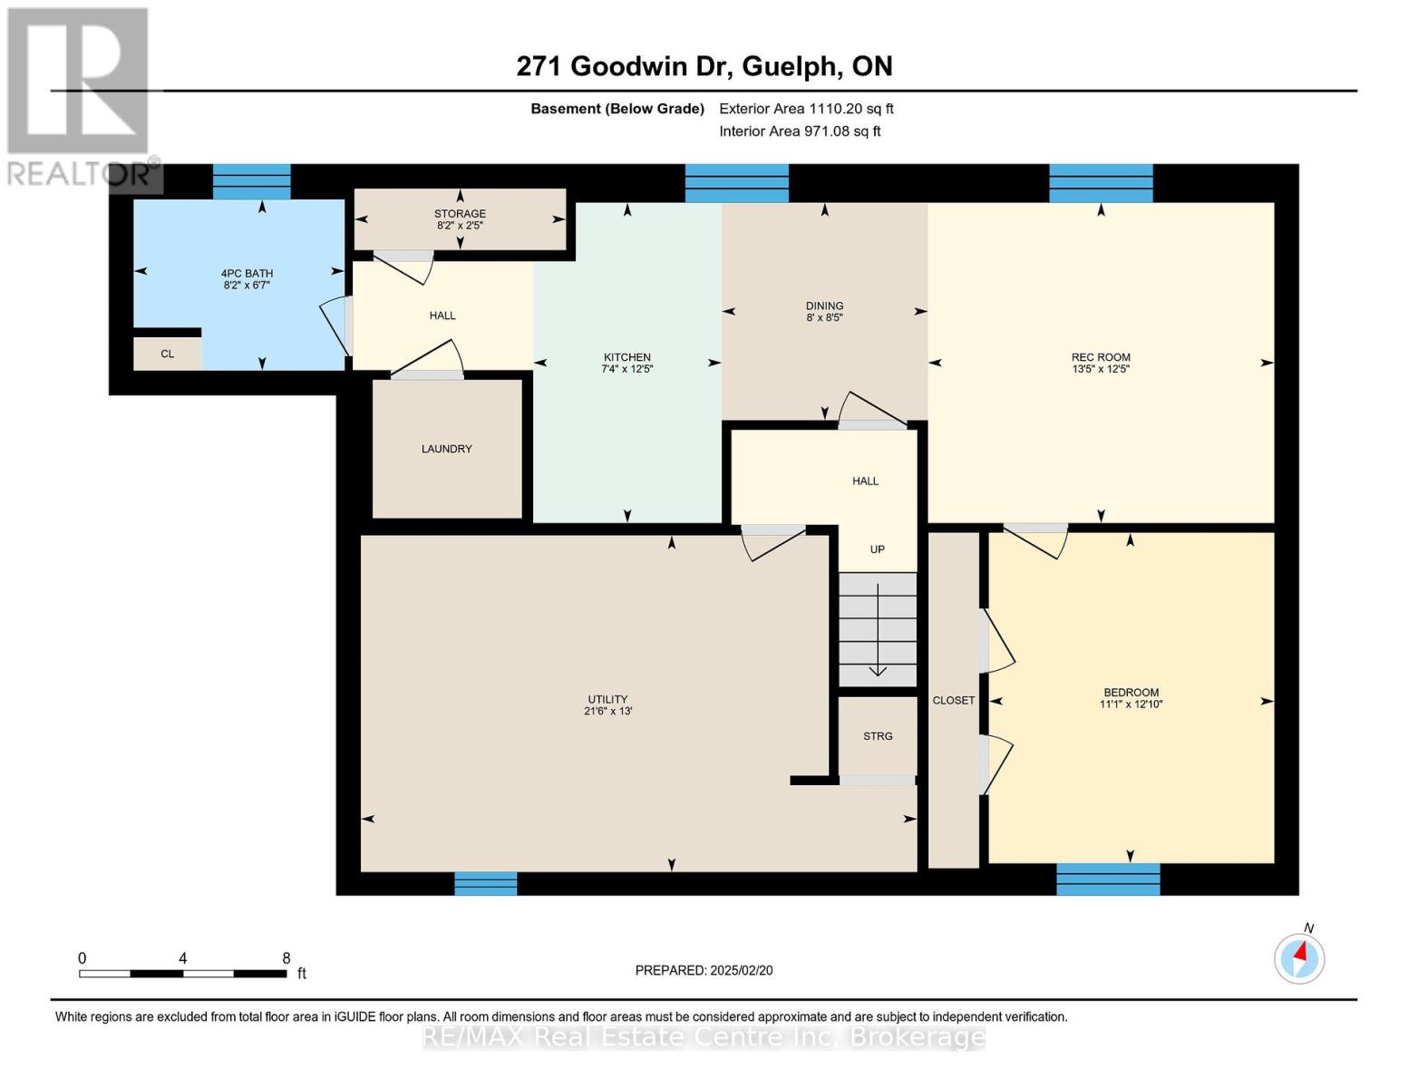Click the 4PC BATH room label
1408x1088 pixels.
[x=247, y=274]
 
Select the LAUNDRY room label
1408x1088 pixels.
[x=446, y=449]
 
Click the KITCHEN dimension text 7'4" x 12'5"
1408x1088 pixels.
[x=626, y=370]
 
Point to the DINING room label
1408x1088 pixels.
[x=824, y=306]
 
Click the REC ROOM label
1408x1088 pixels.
[x=1101, y=357]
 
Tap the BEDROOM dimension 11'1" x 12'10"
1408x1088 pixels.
[x=1131, y=704]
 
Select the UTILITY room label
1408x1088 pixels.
[x=607, y=699]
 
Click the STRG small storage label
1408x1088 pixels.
[x=878, y=736]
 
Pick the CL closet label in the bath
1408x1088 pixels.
[x=167, y=354]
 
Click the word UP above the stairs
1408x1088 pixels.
[x=877, y=549]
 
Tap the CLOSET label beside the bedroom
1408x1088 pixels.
[x=954, y=700]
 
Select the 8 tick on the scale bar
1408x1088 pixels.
[x=286, y=958]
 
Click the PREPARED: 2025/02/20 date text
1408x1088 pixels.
[x=704, y=970]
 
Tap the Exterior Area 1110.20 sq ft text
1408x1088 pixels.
[x=806, y=109]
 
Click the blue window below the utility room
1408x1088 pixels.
[x=485, y=882]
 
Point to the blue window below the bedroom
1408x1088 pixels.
[x=1108, y=879]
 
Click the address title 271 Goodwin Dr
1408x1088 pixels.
[x=626, y=66]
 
